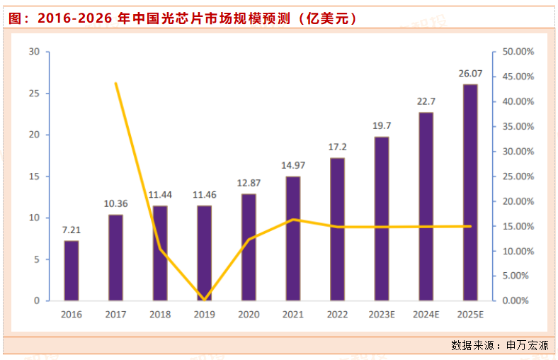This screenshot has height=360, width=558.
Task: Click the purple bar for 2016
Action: [x=72, y=270]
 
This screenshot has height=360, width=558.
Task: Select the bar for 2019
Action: [x=205, y=253]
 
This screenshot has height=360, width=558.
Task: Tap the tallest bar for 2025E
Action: [x=470, y=192]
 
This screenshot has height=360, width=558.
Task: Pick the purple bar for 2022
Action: [x=338, y=229]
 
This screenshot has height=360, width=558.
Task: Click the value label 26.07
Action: [x=470, y=73]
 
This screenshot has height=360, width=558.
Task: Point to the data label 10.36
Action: [x=116, y=203]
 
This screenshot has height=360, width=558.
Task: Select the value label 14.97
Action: [x=293, y=165]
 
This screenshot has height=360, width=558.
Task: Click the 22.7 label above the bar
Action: [x=426, y=101]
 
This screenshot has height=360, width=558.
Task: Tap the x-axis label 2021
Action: [x=293, y=314]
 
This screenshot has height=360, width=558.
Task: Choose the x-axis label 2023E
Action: [x=382, y=314]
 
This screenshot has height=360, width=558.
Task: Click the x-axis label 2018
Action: [x=160, y=314]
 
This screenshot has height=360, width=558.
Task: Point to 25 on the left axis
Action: [x=35, y=94]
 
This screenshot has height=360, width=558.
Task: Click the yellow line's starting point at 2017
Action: [x=116, y=84]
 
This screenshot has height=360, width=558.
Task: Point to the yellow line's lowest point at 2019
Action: [x=205, y=299]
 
